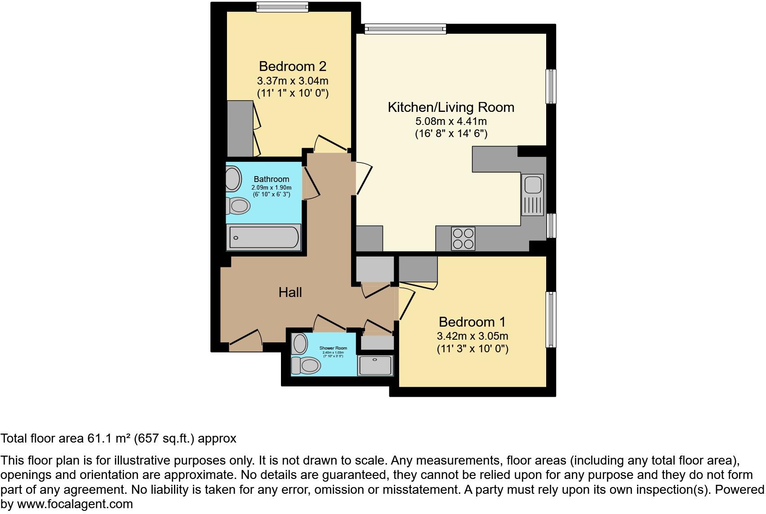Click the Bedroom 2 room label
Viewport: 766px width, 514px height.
292,66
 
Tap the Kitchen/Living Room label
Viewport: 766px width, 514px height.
451,107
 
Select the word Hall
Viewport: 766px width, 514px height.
290,292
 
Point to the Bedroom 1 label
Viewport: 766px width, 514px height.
472,322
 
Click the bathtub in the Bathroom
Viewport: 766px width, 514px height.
263,237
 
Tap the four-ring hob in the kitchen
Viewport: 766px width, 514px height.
463,239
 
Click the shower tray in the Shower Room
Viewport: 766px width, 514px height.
375,365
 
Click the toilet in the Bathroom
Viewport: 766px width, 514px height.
238,206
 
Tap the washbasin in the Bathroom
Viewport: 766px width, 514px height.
233,178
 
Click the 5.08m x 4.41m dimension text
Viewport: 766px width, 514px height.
451,121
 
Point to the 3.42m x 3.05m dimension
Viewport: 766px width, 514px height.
472,336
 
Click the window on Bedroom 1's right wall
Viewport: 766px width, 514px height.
551,319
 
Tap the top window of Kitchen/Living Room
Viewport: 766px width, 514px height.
405,29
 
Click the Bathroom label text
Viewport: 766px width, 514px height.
271,179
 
